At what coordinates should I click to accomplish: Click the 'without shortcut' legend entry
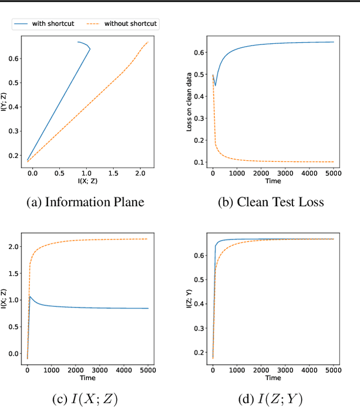tap(130, 24)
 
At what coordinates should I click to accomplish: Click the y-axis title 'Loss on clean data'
tap(190, 102)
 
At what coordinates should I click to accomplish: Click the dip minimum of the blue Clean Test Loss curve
tap(215, 85)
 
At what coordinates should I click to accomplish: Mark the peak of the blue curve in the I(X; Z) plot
tap(30, 296)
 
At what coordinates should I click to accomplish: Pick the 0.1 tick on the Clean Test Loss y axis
tap(198, 162)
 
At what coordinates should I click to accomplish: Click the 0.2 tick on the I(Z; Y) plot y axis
tap(198, 352)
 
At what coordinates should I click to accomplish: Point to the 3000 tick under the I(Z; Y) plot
tap(285, 372)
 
